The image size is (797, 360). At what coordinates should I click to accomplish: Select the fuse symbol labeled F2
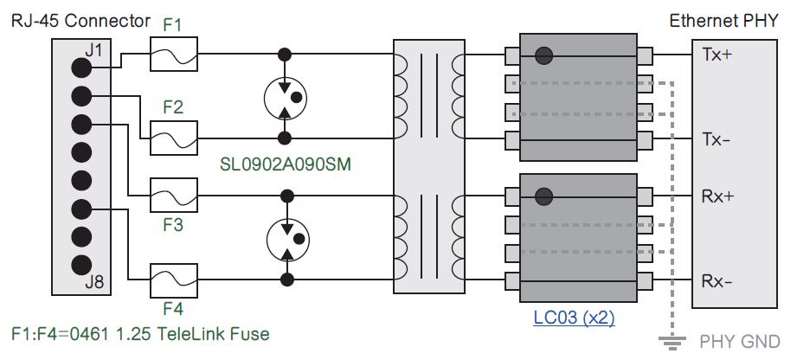point(174,138)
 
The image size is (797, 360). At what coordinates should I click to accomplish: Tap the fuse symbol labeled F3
point(174,196)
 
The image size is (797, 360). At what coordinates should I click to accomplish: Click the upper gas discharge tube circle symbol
point(285,96)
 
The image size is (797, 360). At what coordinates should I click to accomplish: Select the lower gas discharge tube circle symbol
point(285,237)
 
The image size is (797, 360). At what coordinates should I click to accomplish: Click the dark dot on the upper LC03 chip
point(543,55)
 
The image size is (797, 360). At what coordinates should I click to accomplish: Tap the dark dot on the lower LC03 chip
point(543,196)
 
